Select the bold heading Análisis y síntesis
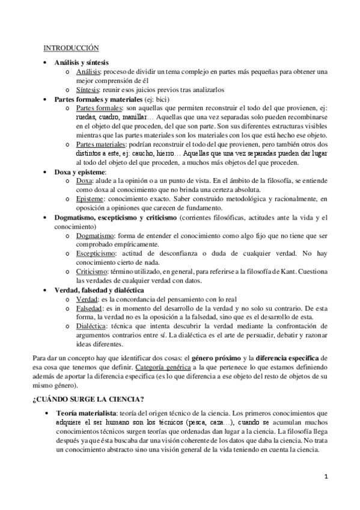(79, 63)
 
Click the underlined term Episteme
(91, 198)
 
